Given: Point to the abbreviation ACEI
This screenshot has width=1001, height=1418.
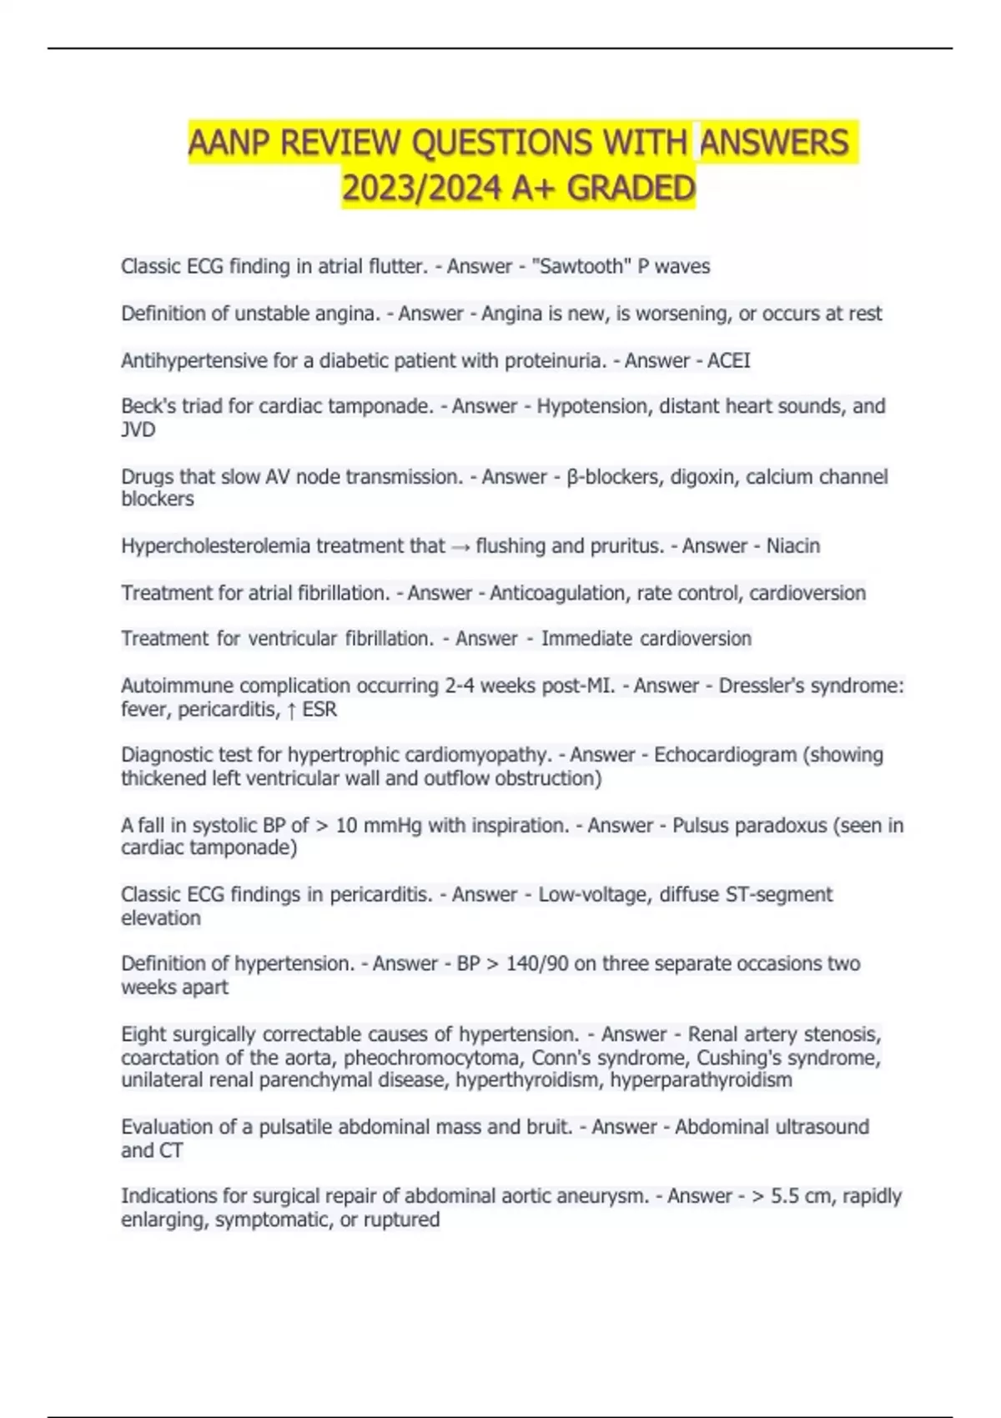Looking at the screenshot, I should [x=728, y=360].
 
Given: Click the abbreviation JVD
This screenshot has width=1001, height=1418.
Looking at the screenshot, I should [x=138, y=430].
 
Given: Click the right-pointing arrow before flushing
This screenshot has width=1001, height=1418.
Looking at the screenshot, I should [x=460, y=546].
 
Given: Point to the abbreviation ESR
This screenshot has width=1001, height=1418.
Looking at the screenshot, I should [x=319, y=710].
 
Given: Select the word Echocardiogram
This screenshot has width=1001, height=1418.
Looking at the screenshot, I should [x=725, y=755].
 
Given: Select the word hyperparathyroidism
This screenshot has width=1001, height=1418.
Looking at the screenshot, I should [x=701, y=1080].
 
